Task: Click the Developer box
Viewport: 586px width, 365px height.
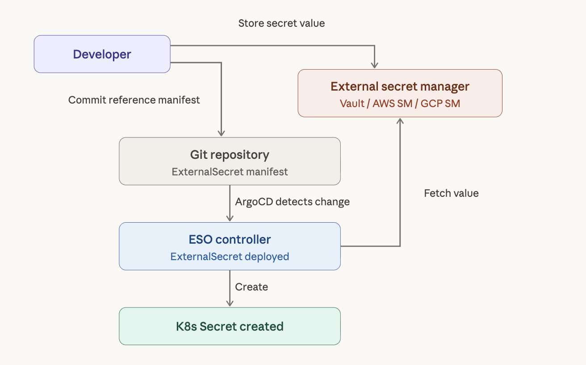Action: (x=102, y=54)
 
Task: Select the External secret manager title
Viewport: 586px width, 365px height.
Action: (x=400, y=87)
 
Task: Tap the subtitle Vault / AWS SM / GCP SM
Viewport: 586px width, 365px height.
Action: (x=400, y=104)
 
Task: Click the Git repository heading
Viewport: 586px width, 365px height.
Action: (x=230, y=155)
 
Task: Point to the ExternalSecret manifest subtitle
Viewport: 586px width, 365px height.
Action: (x=230, y=172)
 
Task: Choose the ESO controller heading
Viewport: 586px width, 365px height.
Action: (x=230, y=239)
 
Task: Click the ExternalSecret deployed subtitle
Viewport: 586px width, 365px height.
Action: (x=230, y=257)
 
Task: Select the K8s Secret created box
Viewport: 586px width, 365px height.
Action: (x=230, y=326)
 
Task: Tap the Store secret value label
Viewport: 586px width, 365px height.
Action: (x=281, y=23)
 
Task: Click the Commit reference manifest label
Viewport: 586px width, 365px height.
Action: (x=134, y=100)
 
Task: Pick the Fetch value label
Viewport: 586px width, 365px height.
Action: (x=451, y=193)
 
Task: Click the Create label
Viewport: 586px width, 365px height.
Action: (x=251, y=287)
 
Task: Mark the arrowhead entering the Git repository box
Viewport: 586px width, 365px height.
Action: (x=222, y=133)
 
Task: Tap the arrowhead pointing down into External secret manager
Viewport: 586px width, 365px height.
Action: (x=375, y=65)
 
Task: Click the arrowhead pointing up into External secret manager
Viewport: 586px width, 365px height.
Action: (x=400, y=121)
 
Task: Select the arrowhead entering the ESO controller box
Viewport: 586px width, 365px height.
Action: (x=230, y=218)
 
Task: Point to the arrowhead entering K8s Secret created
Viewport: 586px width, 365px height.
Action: (x=230, y=303)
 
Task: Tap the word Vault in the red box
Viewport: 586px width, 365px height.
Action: (x=352, y=104)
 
